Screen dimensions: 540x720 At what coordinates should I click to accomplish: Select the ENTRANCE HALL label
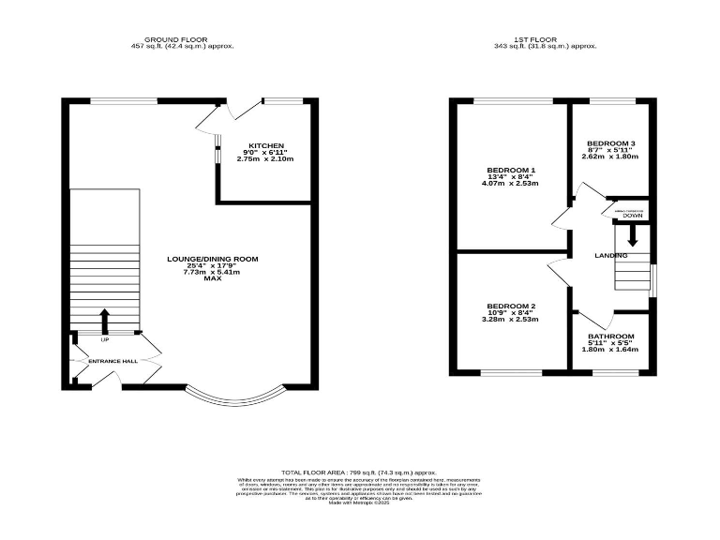pyautogui.click(x=112, y=361)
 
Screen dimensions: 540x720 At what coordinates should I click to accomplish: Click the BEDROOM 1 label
pyautogui.click(x=510, y=170)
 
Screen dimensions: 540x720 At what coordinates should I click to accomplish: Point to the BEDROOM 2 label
pyautogui.click(x=510, y=307)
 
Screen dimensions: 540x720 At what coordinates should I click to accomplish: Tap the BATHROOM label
pyautogui.click(x=610, y=337)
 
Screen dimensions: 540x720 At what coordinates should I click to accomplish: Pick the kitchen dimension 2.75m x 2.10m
pyautogui.click(x=265, y=159)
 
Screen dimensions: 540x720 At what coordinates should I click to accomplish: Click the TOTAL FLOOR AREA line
pyautogui.click(x=359, y=472)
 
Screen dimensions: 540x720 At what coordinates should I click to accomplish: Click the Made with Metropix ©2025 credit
pyautogui.click(x=359, y=503)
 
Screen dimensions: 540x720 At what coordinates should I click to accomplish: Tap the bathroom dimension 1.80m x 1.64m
pyautogui.click(x=610, y=350)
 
